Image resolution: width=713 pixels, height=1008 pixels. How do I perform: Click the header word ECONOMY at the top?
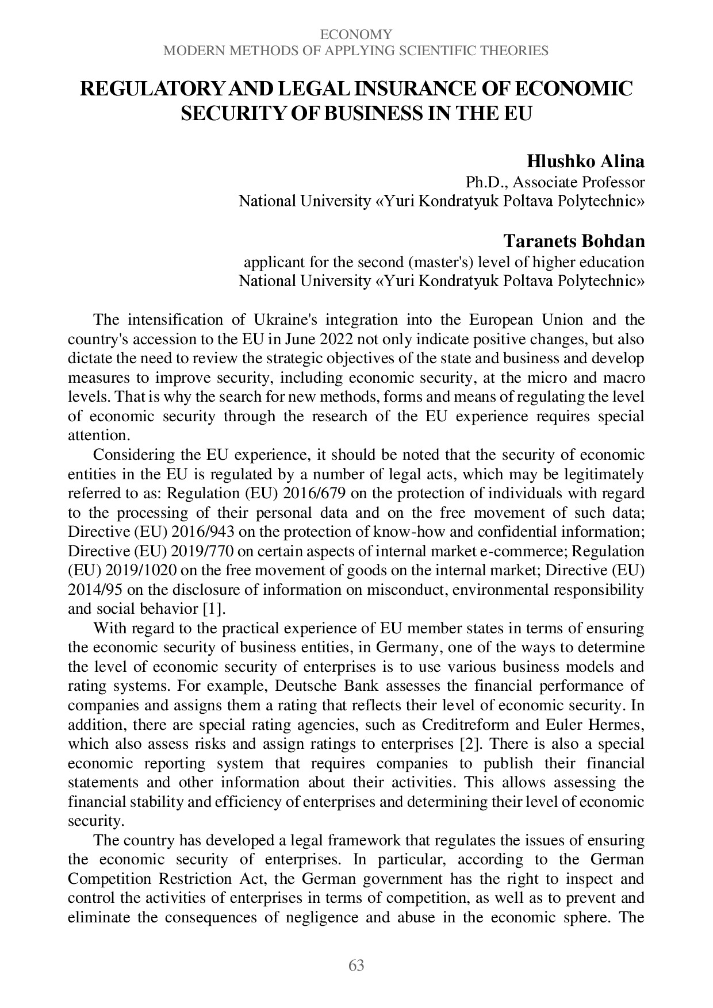[x=356, y=34]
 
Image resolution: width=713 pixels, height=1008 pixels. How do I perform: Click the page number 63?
[x=356, y=965]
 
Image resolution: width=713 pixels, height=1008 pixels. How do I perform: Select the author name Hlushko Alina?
[x=585, y=161]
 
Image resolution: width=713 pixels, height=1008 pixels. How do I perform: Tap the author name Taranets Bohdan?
[x=573, y=241]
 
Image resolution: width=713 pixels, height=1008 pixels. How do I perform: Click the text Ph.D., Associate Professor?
[x=555, y=182]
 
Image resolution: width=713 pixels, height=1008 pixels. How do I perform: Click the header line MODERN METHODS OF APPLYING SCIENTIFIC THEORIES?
[x=356, y=51]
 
